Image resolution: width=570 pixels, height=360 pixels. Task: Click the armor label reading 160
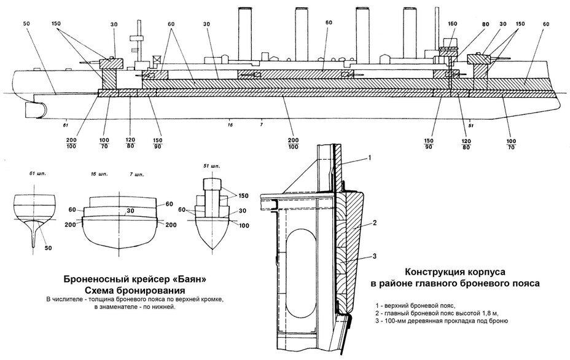pos(453,24)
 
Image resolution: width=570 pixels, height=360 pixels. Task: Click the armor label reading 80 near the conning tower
pos(486,24)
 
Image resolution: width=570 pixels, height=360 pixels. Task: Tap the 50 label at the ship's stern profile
pos(26,24)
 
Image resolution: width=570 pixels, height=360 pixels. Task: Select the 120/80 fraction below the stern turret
pos(130,143)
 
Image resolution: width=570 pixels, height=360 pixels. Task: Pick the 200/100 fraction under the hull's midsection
pos(293,144)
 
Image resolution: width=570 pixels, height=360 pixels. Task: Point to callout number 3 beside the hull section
pos(374,256)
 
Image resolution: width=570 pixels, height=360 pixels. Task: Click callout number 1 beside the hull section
pos(369,158)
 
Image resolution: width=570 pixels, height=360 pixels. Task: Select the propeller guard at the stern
pos(35,110)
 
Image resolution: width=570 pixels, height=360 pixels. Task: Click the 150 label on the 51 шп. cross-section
pos(243,196)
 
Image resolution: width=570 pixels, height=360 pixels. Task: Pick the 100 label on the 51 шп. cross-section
pos(244,225)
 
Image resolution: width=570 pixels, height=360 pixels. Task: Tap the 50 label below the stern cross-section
pos(48,248)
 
